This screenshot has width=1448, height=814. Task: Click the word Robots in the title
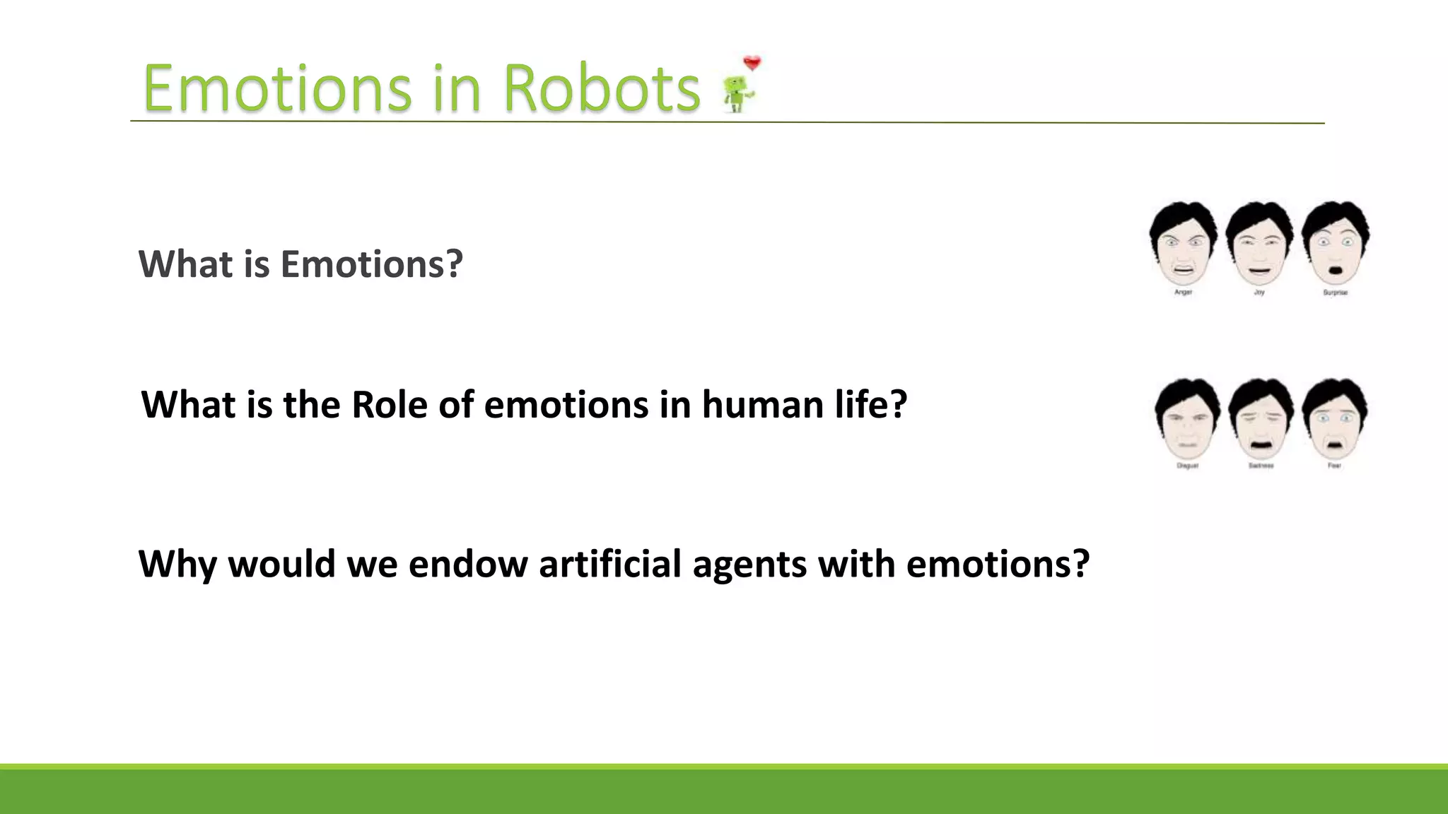pyautogui.click(x=601, y=89)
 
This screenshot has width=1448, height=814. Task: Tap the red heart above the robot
pyautogui.click(x=752, y=64)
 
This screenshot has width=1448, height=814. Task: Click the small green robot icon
pyautogui.click(x=737, y=95)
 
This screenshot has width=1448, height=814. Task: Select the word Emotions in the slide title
pyautogui.click(x=277, y=89)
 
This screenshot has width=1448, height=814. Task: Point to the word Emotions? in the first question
pyautogui.click(x=371, y=264)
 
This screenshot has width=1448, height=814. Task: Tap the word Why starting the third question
pyautogui.click(x=177, y=564)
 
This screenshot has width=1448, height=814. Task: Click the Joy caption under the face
pyautogui.click(x=1259, y=293)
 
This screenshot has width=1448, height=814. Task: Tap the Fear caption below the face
pyautogui.click(x=1334, y=466)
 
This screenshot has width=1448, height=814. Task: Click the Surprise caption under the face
pyautogui.click(x=1335, y=293)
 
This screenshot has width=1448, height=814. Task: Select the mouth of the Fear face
pyautogui.click(x=1334, y=445)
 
